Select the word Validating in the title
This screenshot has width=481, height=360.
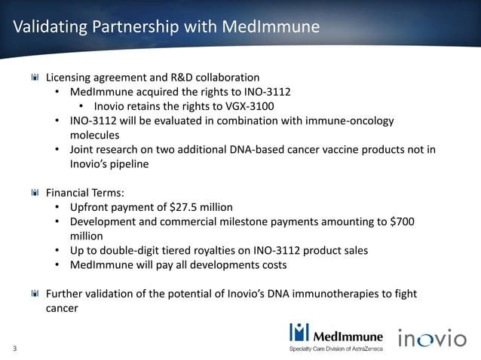48,28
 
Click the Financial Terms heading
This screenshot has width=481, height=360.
84,192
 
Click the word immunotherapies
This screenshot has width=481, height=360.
344,293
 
